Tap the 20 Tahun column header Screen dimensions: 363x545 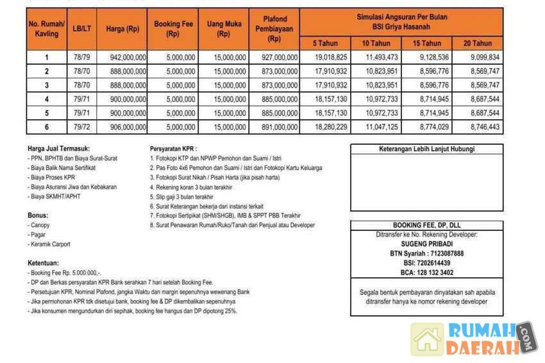[478, 44]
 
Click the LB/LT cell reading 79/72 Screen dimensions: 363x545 [81, 128]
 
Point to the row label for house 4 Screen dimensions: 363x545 [46, 99]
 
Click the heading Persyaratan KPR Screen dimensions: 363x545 [174, 148]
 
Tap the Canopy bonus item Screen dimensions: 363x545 [40, 226]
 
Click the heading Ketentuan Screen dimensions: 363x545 [44, 263]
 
